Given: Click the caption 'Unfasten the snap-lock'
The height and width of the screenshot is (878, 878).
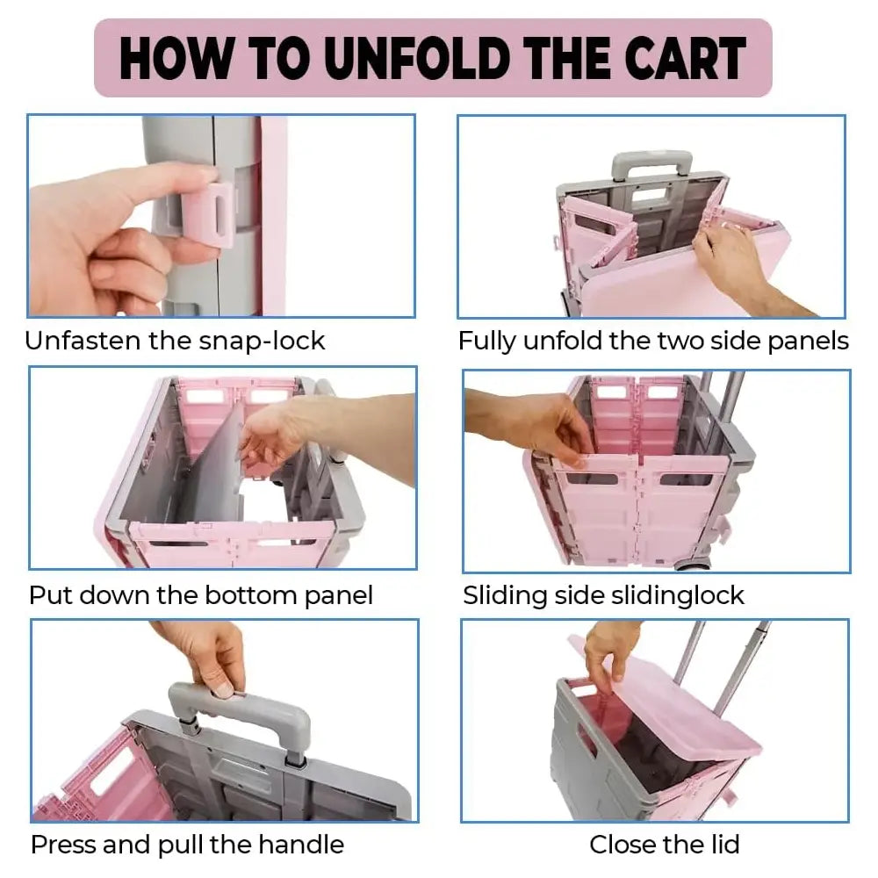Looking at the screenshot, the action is [x=175, y=341].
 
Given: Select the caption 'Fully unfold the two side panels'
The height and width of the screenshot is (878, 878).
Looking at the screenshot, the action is [x=653, y=341].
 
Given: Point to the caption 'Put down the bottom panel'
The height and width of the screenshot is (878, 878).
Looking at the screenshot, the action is [x=200, y=595].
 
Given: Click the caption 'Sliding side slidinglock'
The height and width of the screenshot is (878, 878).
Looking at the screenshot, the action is [x=604, y=595].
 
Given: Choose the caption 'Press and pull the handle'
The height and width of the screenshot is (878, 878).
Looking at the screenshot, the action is [x=188, y=845].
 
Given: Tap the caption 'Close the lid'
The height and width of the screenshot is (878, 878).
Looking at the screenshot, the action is [x=665, y=844].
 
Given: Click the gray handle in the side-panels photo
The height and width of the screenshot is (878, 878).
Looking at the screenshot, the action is [x=651, y=163].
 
